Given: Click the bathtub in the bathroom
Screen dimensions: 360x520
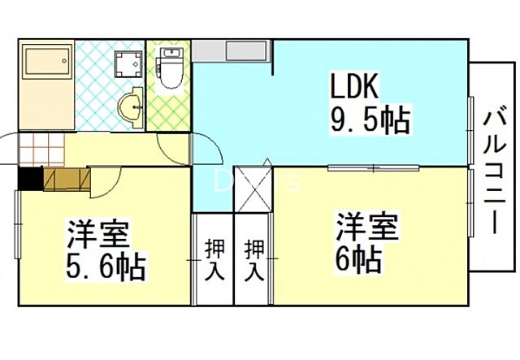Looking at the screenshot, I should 47,70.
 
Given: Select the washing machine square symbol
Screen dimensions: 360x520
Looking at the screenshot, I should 126,64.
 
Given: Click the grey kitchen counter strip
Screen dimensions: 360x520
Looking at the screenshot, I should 232,52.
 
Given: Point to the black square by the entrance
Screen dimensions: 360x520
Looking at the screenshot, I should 29,177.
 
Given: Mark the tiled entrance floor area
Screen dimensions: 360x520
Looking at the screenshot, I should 41,149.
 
